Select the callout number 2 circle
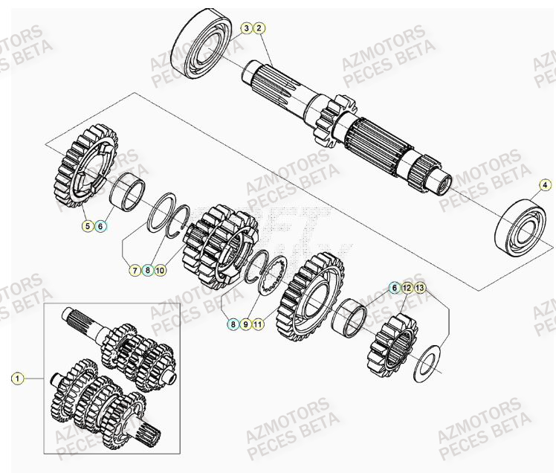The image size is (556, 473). [259, 28]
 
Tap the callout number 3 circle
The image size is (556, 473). [246, 28]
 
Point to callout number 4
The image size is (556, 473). [545, 184]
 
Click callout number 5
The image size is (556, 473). [88, 225]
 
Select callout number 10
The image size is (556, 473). [161, 271]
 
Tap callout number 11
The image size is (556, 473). [258, 324]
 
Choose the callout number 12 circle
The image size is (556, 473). [407, 287]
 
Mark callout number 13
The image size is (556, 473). [420, 287]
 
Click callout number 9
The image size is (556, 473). [245, 324]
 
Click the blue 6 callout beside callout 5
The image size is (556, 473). [101, 225]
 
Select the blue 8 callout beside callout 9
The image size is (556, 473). [233, 324]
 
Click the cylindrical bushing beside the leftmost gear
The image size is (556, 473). [128, 191]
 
